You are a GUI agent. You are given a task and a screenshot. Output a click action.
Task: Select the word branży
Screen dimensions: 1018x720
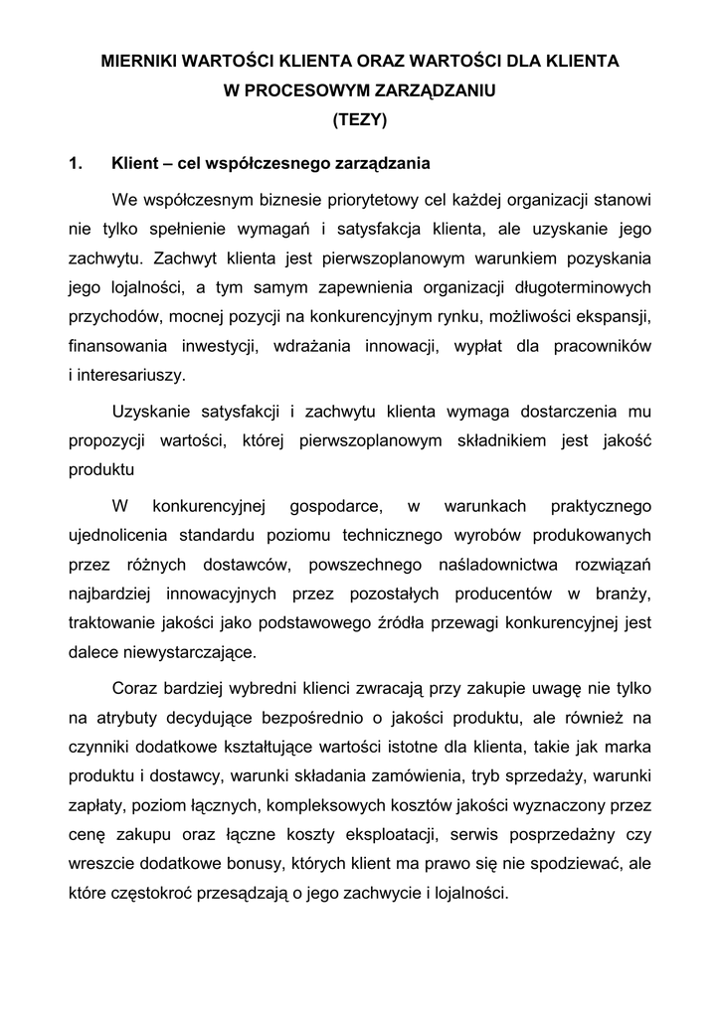(622, 594)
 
